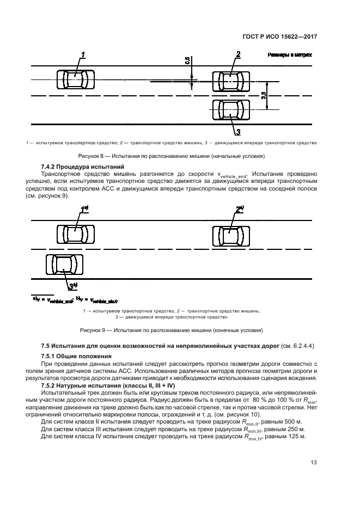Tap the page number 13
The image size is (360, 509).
click(x=313, y=463)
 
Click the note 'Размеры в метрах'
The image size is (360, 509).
click(x=289, y=55)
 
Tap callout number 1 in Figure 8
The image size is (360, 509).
click(x=83, y=54)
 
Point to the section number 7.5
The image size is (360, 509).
click(x=47, y=346)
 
